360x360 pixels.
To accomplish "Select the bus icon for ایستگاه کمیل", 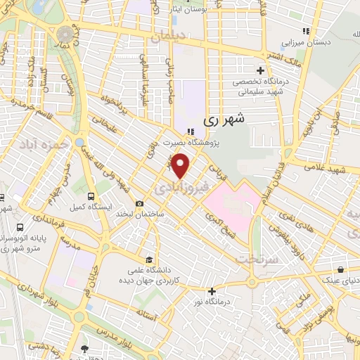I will pos(91,196).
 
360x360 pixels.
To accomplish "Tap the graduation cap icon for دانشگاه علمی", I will pos(148,259).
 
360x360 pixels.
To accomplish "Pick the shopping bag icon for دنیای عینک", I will pos(341,269).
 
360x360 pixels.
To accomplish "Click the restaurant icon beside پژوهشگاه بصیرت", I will pos(190,130).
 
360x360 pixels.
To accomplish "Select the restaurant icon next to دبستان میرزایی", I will pos(305,31).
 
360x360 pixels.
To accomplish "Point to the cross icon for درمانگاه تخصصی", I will pos(261,70).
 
